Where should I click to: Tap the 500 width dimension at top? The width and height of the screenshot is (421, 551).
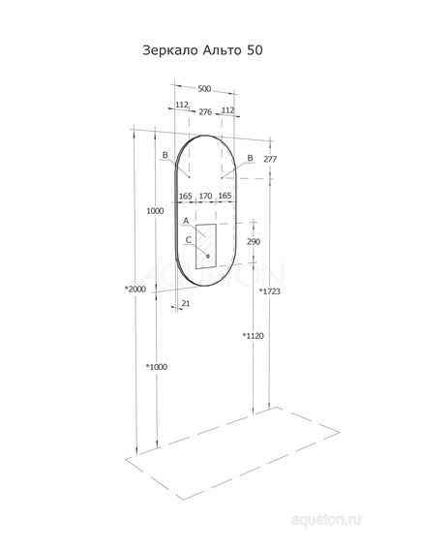[x=204, y=89]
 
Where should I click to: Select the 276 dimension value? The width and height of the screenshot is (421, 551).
[x=204, y=112]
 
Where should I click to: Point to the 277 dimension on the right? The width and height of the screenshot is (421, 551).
[x=269, y=158]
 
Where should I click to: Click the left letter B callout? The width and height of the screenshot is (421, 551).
[x=165, y=155]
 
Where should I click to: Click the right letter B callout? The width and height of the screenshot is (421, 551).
[x=250, y=158]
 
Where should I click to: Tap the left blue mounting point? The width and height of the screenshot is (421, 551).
[x=190, y=177]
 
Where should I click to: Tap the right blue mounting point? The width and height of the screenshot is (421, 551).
[x=222, y=177]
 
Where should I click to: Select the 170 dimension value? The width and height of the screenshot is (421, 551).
[x=204, y=197]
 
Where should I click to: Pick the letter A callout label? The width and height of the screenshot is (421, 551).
[x=185, y=221]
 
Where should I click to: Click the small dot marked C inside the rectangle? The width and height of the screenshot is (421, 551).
[x=206, y=255]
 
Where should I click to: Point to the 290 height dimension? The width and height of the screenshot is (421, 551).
[x=254, y=241]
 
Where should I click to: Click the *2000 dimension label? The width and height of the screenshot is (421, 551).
[x=137, y=290]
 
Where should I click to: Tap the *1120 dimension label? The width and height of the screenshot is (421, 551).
[x=254, y=335]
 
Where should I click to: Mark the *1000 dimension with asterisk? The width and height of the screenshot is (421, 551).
[x=157, y=366]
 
